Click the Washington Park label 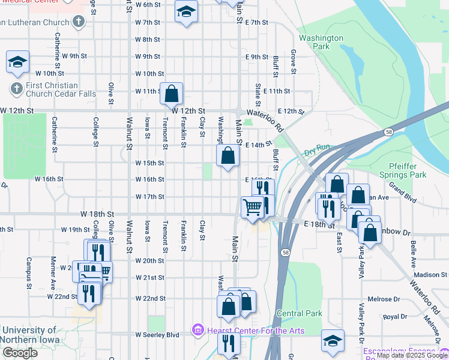click(321, 42)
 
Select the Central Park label click(300, 313)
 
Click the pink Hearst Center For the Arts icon click(197, 330)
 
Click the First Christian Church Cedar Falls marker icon click(17, 89)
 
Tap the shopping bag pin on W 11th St click(172, 94)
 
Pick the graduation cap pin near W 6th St click(186, 12)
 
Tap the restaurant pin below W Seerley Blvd click(229, 343)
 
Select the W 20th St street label click(150, 261)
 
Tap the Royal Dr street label click(395, 316)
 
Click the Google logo click(20, 353)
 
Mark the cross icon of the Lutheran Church click(77, 22)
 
